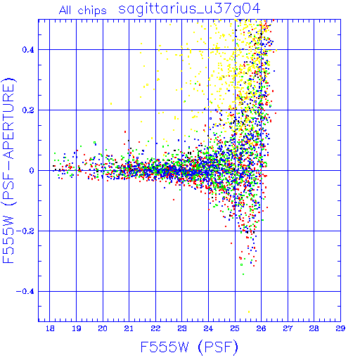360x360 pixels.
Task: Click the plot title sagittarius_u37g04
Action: tap(189, 9)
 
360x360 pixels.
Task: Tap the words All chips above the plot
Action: tap(83, 11)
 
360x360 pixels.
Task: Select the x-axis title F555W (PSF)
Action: tap(189, 347)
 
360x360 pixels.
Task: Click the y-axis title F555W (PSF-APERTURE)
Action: tap(9, 170)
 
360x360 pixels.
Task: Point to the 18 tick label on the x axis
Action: tap(50, 328)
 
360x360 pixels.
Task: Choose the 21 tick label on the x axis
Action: tap(129, 328)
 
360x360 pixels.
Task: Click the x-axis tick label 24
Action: tap(208, 328)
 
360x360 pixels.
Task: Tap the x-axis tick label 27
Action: tap(288, 328)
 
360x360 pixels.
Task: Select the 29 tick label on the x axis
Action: tap(340, 328)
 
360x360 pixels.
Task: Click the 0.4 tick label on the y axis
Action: tap(28, 50)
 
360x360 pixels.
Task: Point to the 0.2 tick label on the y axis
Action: tap(28, 110)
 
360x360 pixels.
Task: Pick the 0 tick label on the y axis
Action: tap(32, 171)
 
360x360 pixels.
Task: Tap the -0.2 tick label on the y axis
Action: tap(25, 231)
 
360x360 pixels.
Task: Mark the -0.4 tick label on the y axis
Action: tap(25, 292)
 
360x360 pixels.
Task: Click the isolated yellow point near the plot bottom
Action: tap(249, 311)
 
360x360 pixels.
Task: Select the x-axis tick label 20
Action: tap(103, 328)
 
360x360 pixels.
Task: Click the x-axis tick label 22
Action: tap(155, 328)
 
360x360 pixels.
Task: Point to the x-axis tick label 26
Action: tap(261, 328)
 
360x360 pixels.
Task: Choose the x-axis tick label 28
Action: tap(314, 328)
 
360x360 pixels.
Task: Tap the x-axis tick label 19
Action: tap(77, 328)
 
